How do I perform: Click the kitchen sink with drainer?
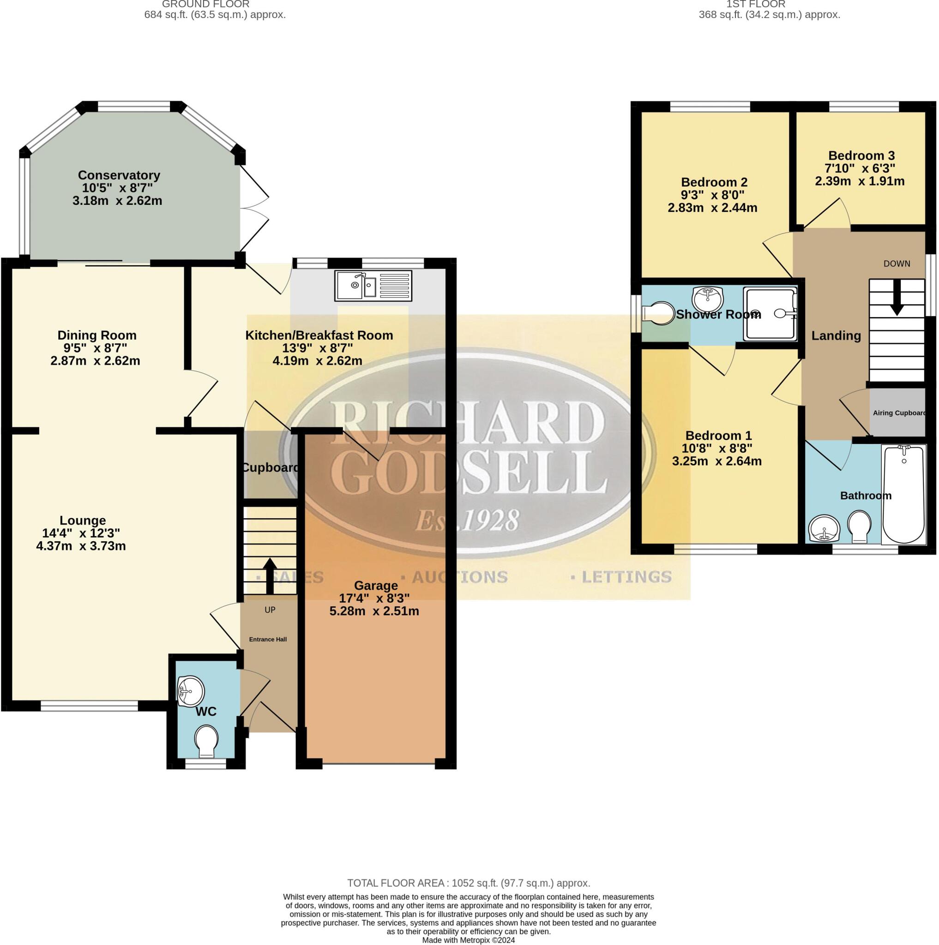click(x=373, y=285)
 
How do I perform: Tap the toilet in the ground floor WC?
click(x=206, y=742)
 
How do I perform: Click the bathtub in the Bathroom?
click(x=903, y=494)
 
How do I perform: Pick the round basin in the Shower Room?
click(x=708, y=298)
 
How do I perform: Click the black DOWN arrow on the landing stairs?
click(x=897, y=296)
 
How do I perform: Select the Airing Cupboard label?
click(x=899, y=413)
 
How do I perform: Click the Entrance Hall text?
click(x=268, y=639)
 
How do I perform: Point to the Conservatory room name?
click(x=119, y=175)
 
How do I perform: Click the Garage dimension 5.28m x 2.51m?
click(x=374, y=611)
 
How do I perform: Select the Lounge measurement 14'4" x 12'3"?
click(x=81, y=533)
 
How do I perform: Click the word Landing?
click(x=836, y=335)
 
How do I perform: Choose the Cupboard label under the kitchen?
click(x=271, y=467)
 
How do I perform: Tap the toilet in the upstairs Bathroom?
click(x=859, y=527)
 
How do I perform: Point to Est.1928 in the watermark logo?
click(x=467, y=520)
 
